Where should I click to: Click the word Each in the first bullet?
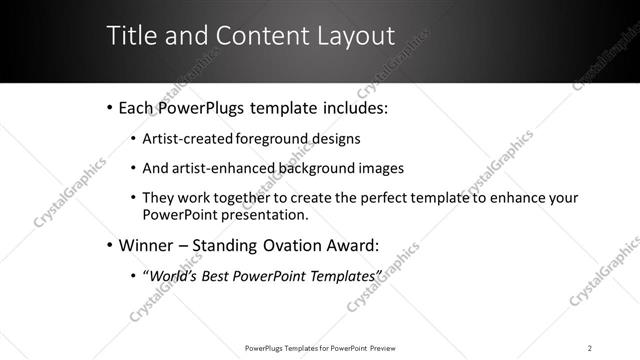tap(137, 107)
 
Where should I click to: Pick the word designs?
tap(337, 138)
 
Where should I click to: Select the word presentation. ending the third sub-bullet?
tap(262, 214)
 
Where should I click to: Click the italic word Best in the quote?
tap(213, 275)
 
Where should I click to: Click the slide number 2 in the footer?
tap(590, 347)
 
